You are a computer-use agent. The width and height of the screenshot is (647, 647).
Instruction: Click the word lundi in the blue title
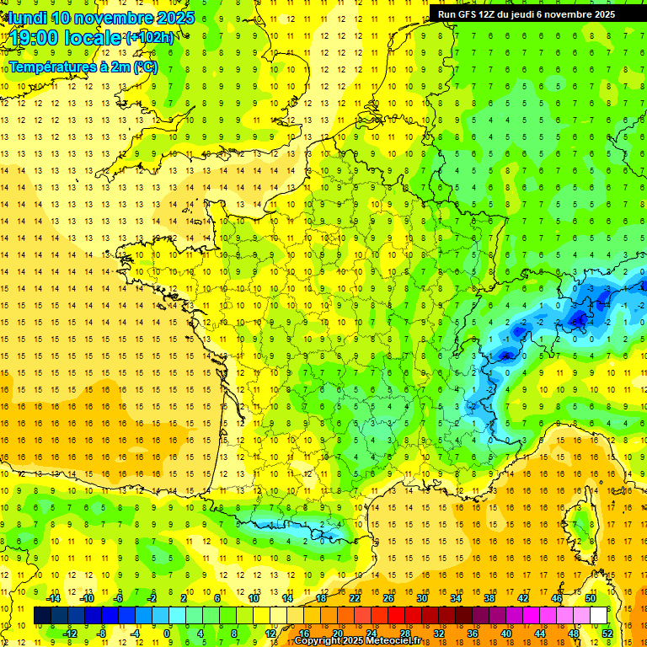click(28, 18)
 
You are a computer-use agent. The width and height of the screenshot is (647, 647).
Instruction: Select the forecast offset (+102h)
click(150, 38)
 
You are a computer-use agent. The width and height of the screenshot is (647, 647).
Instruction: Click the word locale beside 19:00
click(95, 39)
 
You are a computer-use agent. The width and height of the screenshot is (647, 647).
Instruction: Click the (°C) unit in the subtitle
click(145, 67)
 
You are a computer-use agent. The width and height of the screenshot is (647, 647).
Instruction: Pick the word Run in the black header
click(447, 14)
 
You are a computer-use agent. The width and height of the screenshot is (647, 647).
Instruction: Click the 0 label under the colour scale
click(167, 634)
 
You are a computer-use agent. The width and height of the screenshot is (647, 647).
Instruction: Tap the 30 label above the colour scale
click(421, 598)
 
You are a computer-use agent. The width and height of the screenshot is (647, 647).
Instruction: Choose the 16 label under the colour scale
click(304, 634)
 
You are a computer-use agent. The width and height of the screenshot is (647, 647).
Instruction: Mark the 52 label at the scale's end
click(607, 634)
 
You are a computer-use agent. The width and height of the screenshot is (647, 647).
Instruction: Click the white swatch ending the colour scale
click(599, 616)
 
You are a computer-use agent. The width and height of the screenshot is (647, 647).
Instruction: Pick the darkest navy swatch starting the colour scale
click(42, 616)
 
